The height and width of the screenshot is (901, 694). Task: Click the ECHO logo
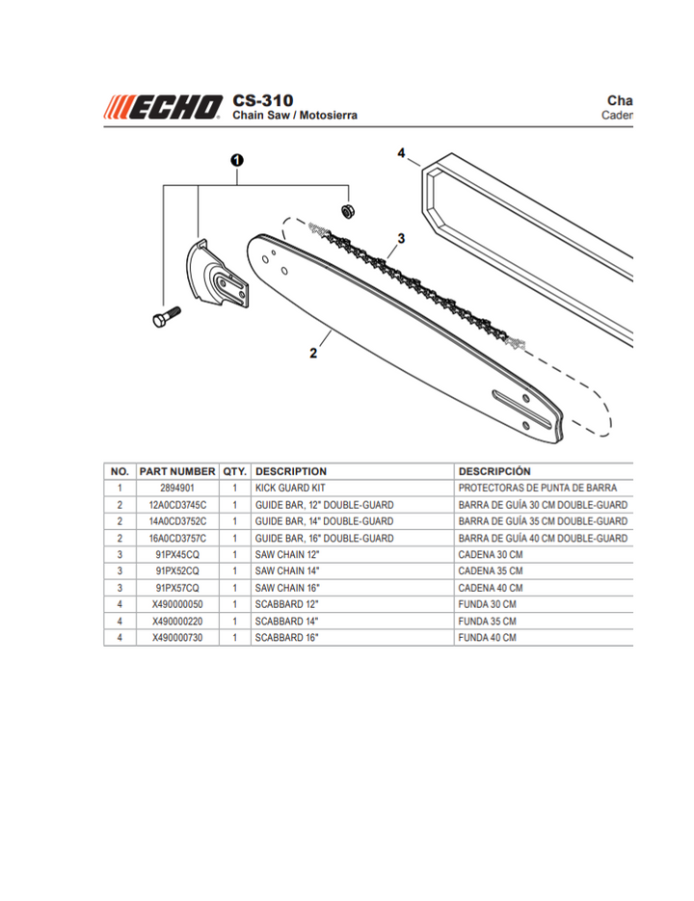(163, 106)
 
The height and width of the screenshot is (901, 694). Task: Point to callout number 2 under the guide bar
(313, 353)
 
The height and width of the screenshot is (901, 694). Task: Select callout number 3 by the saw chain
(400, 238)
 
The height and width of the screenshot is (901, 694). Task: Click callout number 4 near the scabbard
(401, 152)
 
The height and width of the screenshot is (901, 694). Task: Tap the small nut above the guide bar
(350, 210)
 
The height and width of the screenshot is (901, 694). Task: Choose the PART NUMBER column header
(177, 471)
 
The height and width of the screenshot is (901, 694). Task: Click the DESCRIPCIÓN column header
(494, 471)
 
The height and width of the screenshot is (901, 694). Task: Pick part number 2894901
(177, 489)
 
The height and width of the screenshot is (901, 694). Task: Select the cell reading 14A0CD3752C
(177, 521)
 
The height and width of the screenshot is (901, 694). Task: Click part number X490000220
(177, 622)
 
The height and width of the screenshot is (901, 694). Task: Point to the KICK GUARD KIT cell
(290, 489)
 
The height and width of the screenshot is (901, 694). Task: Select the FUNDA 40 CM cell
(487, 638)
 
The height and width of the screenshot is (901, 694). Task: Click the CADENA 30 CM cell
(490, 555)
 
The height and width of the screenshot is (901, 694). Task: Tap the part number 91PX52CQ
(177, 571)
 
